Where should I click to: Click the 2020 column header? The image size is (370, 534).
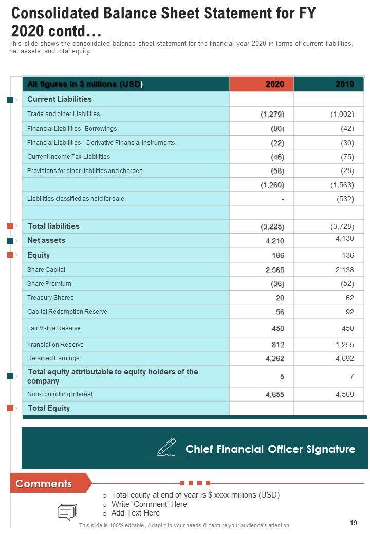point(274,84)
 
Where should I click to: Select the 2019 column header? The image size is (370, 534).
point(344,84)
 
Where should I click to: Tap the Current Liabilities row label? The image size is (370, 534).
point(60,99)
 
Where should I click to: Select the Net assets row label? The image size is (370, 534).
point(46,240)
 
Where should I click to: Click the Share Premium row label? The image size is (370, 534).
point(49,284)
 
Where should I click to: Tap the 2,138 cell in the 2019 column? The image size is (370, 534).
point(344,270)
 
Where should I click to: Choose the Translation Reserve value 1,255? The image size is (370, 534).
point(344,345)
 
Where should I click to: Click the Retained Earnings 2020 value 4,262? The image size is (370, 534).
point(275,359)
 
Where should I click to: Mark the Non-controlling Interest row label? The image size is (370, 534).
point(60,394)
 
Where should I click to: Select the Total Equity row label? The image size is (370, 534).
point(49,408)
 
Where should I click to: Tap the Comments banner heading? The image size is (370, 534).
point(44,484)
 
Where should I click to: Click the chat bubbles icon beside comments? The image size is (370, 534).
point(67,512)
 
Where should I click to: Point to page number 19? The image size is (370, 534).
point(353,523)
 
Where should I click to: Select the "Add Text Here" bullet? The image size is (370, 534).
point(135,513)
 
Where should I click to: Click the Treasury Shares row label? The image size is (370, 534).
point(50,298)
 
